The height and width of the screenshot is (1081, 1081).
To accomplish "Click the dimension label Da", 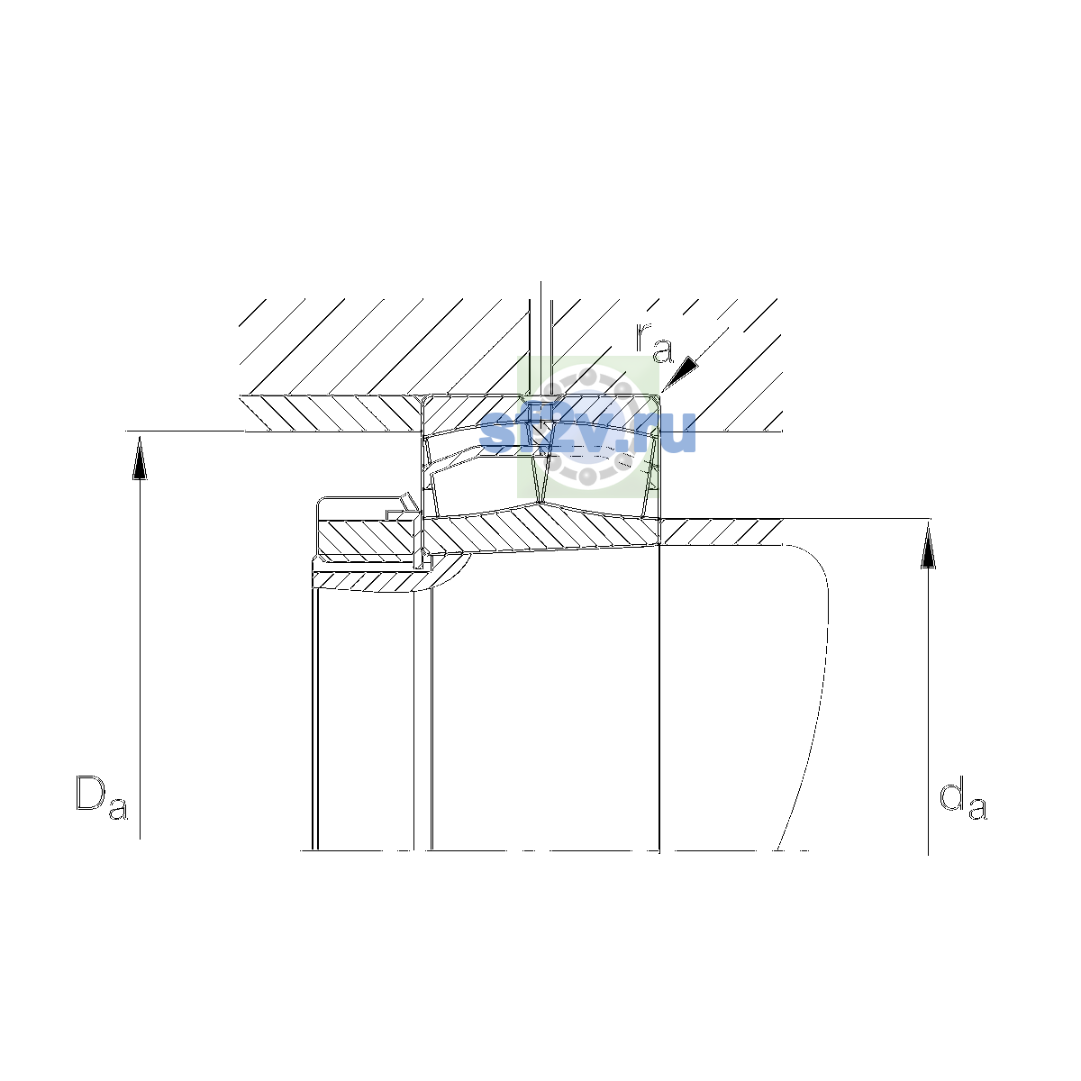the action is pos(102,798).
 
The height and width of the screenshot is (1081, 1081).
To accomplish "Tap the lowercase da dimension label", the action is pos(963,798).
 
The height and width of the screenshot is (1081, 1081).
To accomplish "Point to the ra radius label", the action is pos(653,342).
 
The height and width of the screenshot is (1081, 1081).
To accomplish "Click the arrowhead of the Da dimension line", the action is pos(140,459).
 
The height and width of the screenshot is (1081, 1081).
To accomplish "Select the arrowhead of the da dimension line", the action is pos(928,545).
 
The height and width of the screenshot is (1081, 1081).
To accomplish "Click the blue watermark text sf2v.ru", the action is pos(587,432).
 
